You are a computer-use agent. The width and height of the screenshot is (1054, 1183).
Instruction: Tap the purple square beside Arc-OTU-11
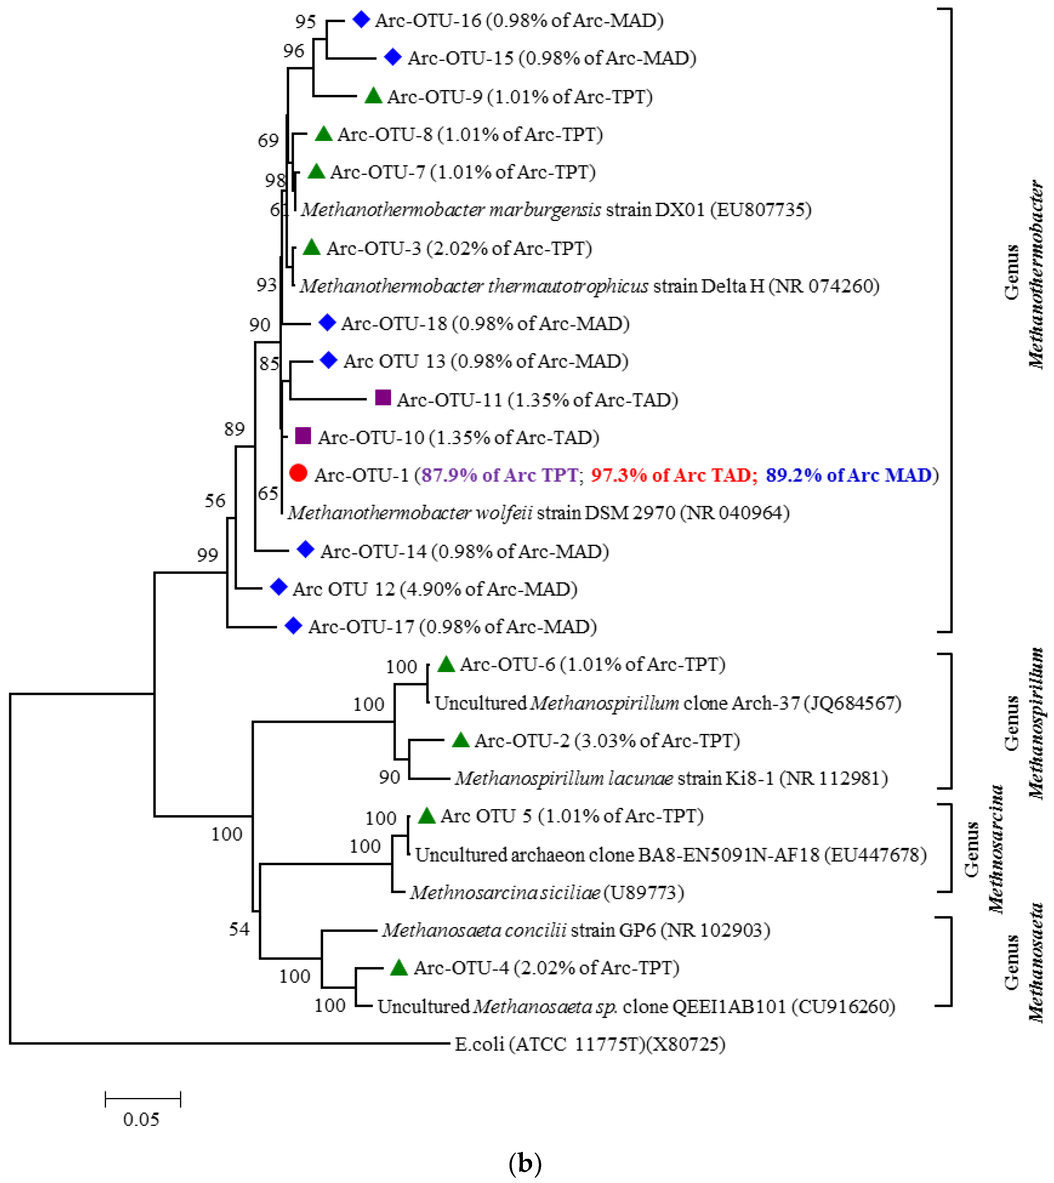(382, 397)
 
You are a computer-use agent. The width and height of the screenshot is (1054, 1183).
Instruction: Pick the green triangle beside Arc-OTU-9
(374, 96)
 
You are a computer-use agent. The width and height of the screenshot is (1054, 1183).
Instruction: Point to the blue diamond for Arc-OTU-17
(294, 625)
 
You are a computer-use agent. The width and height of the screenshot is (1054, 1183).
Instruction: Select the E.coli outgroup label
(590, 1044)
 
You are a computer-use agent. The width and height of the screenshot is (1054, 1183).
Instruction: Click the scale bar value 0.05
(141, 1119)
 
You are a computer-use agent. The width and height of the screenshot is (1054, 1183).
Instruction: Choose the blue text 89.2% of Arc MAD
(848, 475)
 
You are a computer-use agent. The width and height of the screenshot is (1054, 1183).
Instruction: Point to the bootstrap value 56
(215, 500)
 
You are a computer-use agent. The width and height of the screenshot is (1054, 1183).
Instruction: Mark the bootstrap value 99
(207, 555)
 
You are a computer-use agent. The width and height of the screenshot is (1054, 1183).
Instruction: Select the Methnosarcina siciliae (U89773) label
(547, 892)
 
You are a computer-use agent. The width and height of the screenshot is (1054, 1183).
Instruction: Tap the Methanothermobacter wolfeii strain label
(538, 513)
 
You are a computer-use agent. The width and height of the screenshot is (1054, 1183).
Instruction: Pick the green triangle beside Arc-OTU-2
(460, 740)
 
